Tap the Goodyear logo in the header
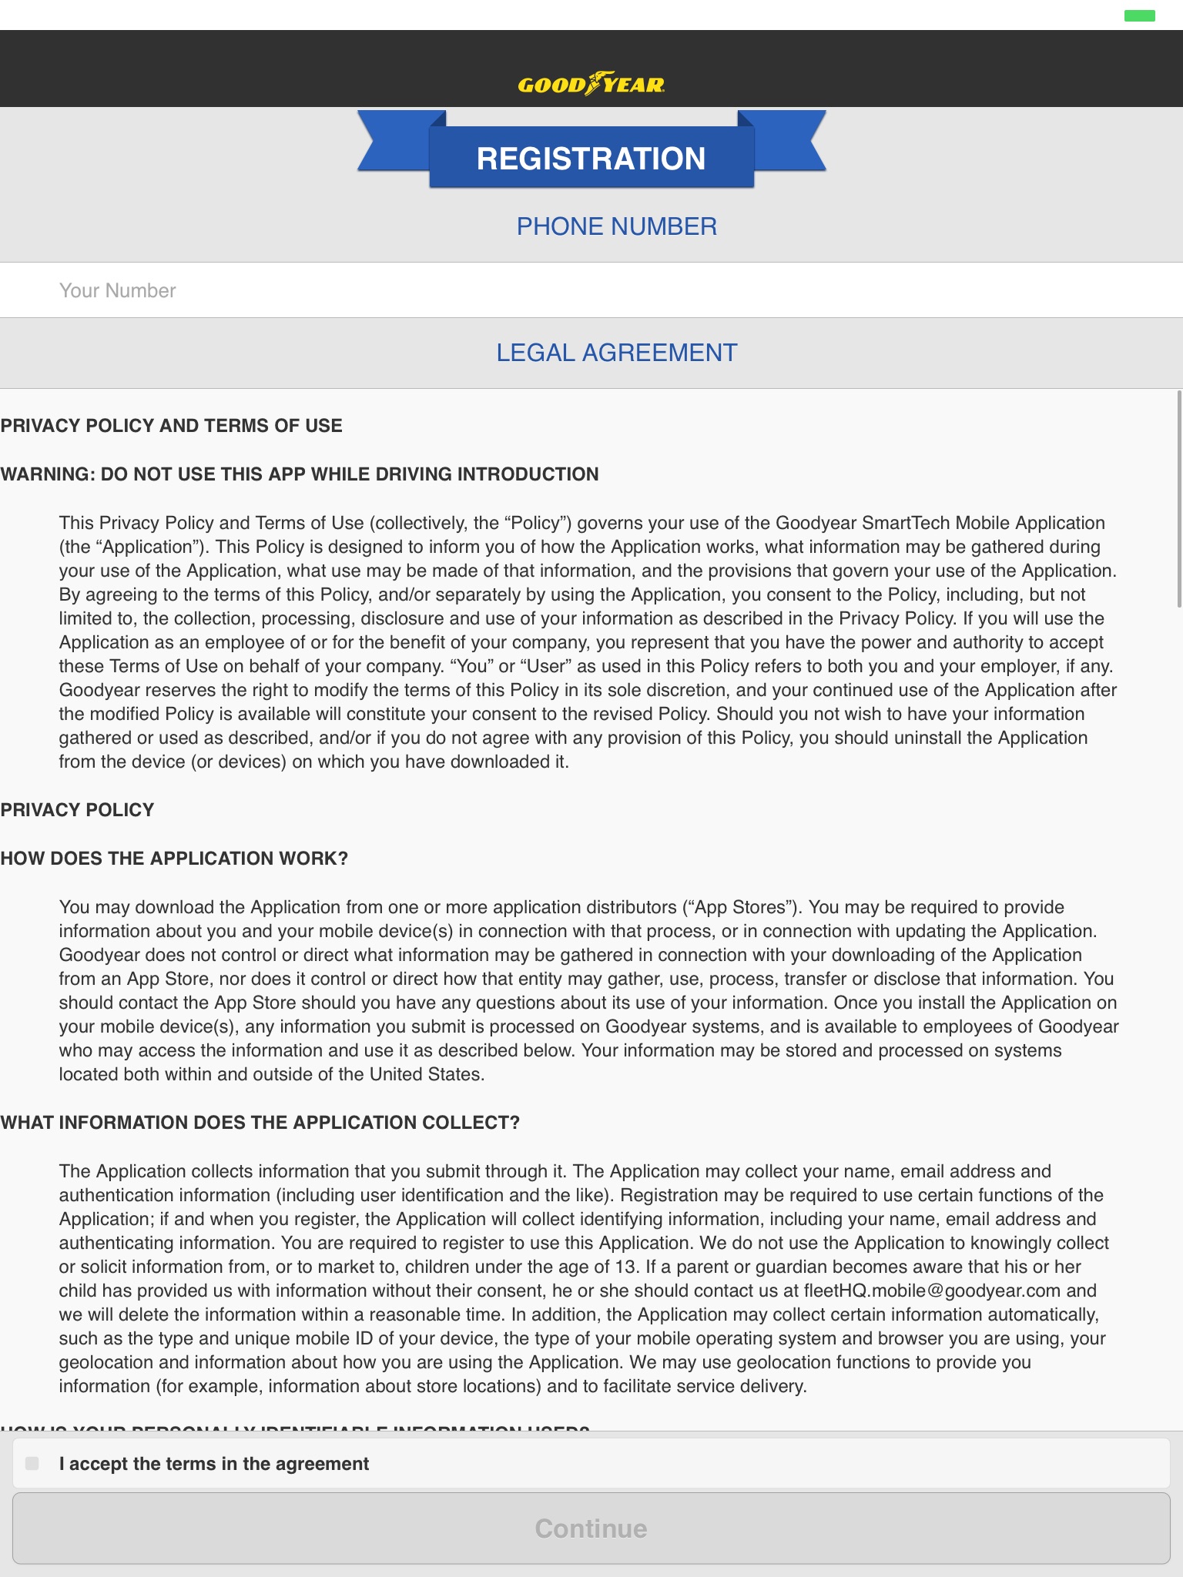(591, 83)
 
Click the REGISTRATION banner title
(591, 159)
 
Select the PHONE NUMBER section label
(616, 226)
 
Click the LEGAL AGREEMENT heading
(616, 353)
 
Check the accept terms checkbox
(32, 1463)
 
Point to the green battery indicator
(1139, 15)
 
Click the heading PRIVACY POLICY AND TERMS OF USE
(171, 426)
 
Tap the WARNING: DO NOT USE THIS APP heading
(299, 474)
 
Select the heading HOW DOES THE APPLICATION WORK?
(174, 859)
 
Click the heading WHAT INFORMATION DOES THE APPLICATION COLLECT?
(260, 1123)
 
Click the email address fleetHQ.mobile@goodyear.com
(932, 1291)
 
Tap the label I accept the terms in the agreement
(214, 1464)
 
